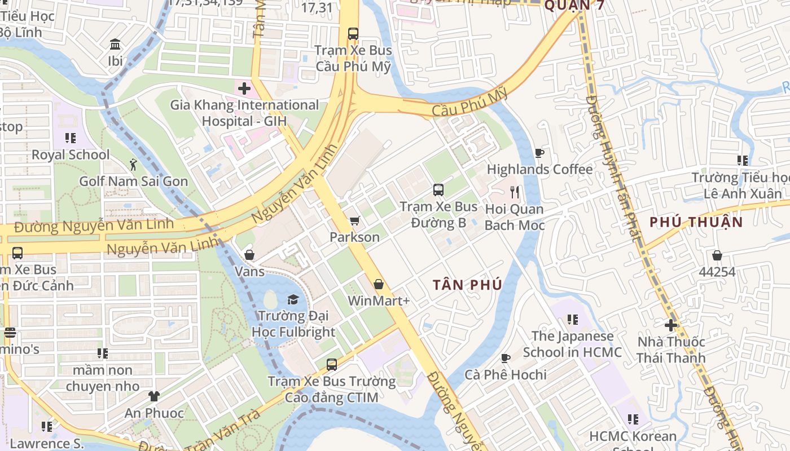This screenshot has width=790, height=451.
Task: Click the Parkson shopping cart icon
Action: click(x=354, y=220)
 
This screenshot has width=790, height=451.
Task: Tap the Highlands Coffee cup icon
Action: click(x=539, y=153)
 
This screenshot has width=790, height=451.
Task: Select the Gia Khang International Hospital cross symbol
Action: click(x=244, y=89)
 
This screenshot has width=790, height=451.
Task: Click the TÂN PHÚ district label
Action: click(x=467, y=285)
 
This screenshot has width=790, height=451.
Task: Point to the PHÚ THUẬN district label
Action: click(x=696, y=222)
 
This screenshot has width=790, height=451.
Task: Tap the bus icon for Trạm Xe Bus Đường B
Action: click(x=438, y=190)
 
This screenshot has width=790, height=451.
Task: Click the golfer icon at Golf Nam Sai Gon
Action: click(x=133, y=165)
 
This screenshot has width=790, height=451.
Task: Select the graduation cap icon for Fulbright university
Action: click(x=293, y=299)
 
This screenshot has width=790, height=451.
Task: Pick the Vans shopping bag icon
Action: click(x=249, y=255)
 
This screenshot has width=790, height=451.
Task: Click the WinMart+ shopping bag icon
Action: click(x=379, y=284)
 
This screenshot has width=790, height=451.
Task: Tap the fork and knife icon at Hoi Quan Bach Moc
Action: click(x=514, y=193)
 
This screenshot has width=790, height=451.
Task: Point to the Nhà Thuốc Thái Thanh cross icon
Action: click(x=670, y=325)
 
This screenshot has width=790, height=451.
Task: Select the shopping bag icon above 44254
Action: click(x=717, y=255)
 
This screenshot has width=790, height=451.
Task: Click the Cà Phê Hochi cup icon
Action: click(x=506, y=358)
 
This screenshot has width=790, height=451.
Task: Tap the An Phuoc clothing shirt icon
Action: click(x=154, y=396)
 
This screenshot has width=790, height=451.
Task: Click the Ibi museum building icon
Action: click(x=115, y=44)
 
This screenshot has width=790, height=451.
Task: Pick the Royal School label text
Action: click(x=71, y=154)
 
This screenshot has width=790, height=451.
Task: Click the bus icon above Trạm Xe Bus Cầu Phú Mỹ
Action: click(x=353, y=34)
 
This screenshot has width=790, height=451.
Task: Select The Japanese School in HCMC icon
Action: click(x=573, y=320)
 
